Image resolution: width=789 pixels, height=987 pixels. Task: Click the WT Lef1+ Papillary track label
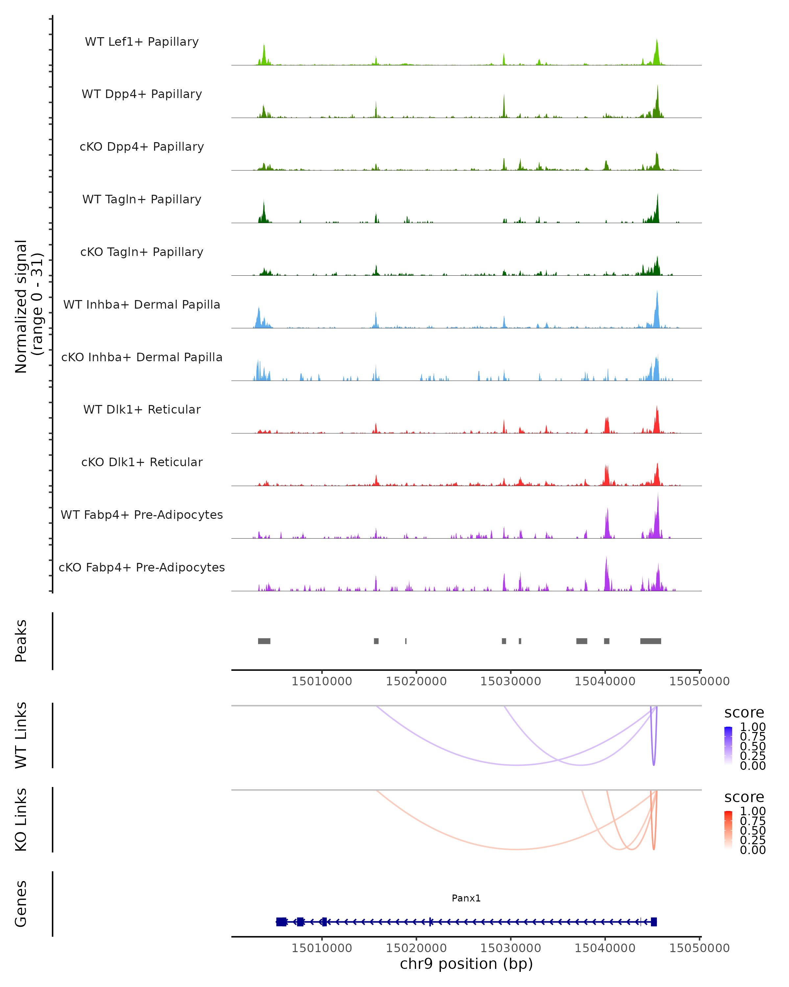(142, 42)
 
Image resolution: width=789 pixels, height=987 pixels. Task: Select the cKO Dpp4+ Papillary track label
(142, 147)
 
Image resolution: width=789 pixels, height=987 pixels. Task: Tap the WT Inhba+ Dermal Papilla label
(142, 305)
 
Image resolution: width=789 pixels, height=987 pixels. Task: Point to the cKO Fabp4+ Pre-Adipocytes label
(142, 568)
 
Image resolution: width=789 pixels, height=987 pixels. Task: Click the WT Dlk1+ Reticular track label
(142, 410)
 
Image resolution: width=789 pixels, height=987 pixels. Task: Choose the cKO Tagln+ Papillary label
(142, 252)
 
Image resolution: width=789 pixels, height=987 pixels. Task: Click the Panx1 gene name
(466, 898)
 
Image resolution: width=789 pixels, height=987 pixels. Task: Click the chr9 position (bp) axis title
(466, 964)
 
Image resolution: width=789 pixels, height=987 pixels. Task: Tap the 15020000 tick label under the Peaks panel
(416, 681)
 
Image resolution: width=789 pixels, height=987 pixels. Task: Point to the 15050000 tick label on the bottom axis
(699, 948)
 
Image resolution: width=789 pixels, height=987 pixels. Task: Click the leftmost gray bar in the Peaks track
(264, 641)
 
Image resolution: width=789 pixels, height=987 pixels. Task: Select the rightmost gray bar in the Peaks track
(650, 641)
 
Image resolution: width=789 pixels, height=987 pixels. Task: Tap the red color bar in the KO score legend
(728, 830)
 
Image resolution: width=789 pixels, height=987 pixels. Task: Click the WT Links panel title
(21, 735)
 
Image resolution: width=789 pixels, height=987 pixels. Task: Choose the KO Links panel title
(21, 820)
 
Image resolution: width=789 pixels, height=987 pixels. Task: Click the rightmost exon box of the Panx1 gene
(654, 922)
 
